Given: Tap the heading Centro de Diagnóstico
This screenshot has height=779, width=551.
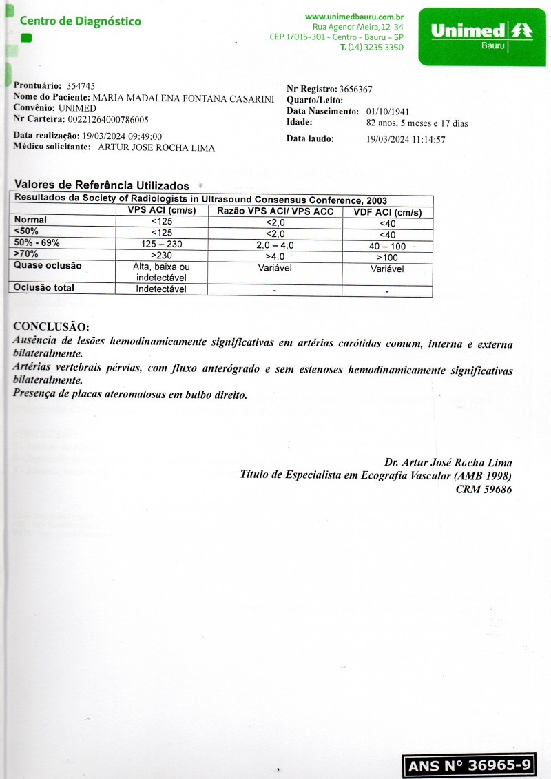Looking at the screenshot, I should (81, 21).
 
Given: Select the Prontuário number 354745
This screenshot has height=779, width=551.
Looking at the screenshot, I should (81, 86).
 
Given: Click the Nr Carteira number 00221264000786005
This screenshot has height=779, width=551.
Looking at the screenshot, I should (108, 119).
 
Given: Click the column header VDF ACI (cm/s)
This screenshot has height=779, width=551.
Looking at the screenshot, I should (387, 212).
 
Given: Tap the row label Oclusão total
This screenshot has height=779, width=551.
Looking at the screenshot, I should (44, 288).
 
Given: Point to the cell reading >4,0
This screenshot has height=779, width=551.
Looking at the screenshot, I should (275, 256).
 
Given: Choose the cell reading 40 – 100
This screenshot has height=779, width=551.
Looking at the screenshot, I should (387, 246).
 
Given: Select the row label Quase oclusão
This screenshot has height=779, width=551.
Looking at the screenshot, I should (48, 266).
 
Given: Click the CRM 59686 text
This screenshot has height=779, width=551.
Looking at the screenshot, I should (484, 490).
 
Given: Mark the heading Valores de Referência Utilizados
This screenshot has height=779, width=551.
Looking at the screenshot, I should (102, 185).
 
